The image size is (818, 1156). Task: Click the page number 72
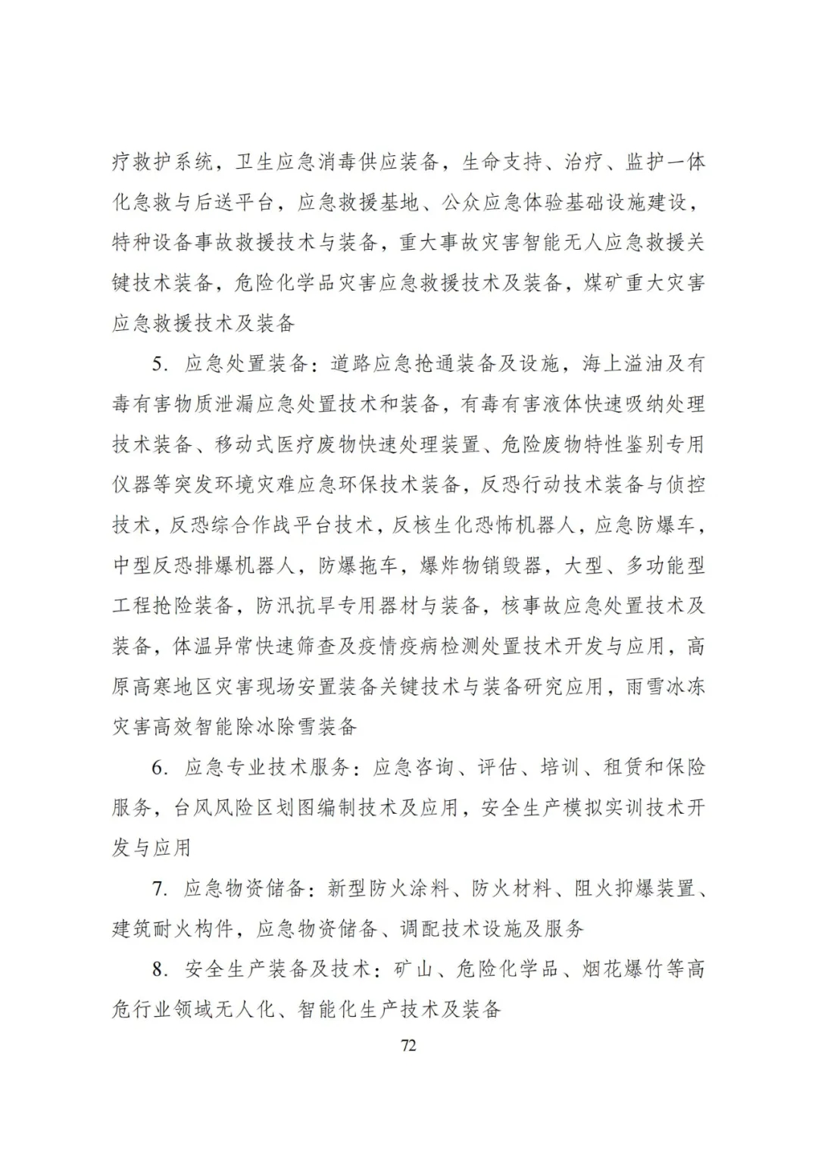(x=408, y=1046)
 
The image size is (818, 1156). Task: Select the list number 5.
(x=159, y=364)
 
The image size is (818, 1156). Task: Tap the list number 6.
(x=159, y=768)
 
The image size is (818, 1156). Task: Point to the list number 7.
(x=159, y=889)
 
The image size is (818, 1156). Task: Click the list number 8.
(x=159, y=969)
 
